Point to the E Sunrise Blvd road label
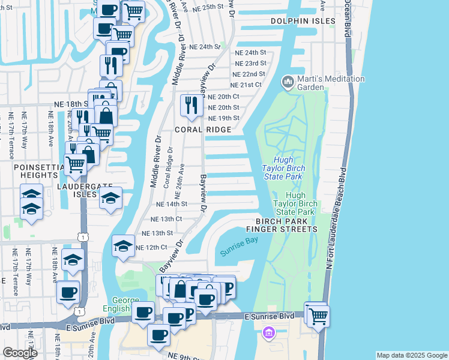point(269,316)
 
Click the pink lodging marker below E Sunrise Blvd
point(268,332)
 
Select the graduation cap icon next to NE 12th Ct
point(123,245)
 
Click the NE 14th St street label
point(173,204)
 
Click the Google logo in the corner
point(20,353)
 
